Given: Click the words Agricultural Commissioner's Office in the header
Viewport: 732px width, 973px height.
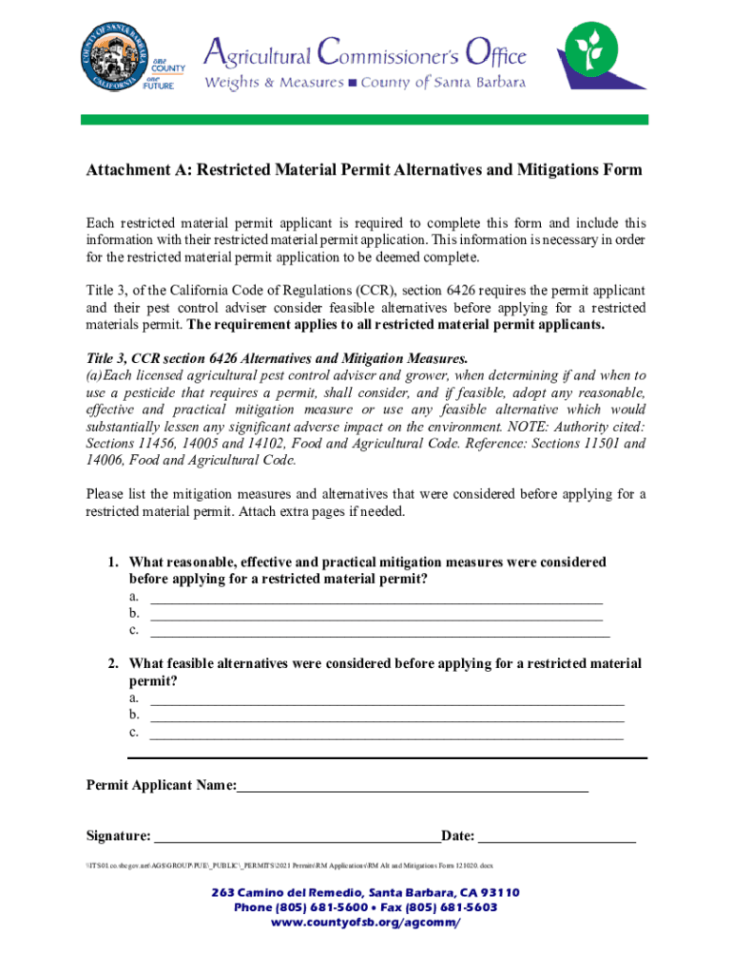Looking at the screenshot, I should click(x=366, y=49).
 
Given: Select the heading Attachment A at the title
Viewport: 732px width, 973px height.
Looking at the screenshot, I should click(x=364, y=170).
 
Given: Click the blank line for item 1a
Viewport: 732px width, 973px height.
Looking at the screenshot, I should click(x=376, y=598).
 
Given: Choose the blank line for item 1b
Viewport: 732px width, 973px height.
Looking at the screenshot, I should click(x=376, y=614).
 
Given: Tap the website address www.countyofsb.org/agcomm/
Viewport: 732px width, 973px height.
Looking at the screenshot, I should click(x=366, y=923).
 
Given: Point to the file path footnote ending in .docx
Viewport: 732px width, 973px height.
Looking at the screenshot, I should click(x=290, y=866).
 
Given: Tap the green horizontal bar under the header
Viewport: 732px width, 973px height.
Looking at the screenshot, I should click(x=364, y=120).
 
